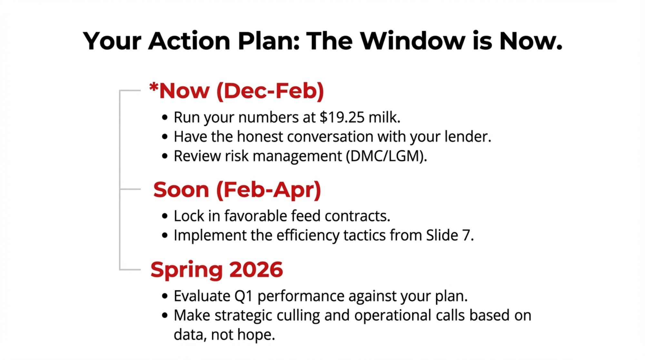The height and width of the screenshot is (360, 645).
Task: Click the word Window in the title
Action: [x=412, y=41]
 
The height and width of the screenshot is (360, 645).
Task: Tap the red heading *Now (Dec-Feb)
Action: [x=236, y=91]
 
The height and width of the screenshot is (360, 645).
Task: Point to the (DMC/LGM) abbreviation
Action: [x=386, y=156]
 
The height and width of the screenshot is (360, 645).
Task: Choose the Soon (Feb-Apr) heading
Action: [x=237, y=190]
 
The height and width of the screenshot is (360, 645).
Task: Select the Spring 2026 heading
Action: [x=216, y=270]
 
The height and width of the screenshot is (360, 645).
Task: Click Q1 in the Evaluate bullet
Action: [x=243, y=296]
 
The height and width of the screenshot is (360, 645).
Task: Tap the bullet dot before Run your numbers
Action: [x=165, y=117]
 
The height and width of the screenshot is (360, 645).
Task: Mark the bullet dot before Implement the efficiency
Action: [x=165, y=235]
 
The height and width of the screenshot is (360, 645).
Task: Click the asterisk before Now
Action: [x=154, y=87]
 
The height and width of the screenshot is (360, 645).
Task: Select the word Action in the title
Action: [x=189, y=41]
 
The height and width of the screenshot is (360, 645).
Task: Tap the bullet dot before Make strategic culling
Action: [x=165, y=315]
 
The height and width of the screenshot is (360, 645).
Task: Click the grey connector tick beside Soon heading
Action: [x=130, y=189]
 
